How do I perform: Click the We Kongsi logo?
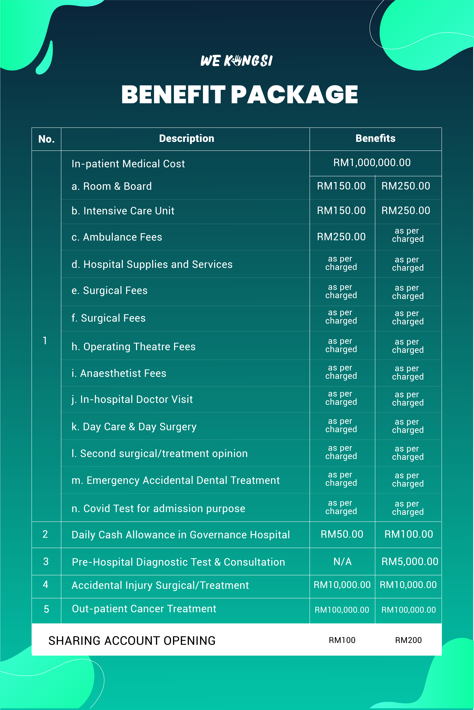tap(236, 61)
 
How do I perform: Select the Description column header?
tap(186, 139)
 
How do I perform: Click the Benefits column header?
tap(375, 139)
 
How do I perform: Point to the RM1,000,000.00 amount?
tap(372, 163)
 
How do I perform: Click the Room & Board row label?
tap(112, 186)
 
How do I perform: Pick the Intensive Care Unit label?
tap(123, 211)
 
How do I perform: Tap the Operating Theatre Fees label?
tap(133, 347)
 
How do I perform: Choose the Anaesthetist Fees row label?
tap(119, 373)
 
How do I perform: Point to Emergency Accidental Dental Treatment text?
tap(176, 480)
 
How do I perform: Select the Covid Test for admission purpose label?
tap(158, 509)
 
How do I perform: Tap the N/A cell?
tap(342, 562)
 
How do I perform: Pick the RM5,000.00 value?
tap(410, 562)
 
